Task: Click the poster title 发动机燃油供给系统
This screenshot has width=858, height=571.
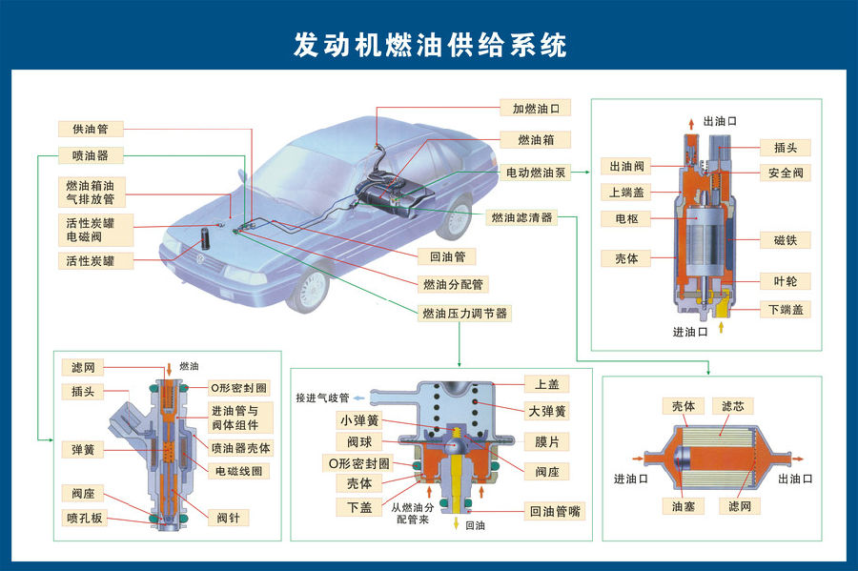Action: [x=429, y=46]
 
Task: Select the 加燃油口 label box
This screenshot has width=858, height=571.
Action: [x=535, y=109]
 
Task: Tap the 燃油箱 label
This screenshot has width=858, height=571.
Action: [x=535, y=140]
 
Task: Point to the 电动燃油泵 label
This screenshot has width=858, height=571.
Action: [x=535, y=173]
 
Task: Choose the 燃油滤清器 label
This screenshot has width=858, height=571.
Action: [x=521, y=218]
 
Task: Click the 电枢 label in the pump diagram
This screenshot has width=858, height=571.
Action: [x=625, y=218]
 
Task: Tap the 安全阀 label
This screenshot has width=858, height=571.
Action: [x=785, y=173]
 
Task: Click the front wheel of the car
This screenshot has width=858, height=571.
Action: [x=312, y=289]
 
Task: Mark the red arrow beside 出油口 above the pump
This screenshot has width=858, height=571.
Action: [x=693, y=122]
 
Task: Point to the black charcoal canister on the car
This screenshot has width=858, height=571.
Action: [x=204, y=239]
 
